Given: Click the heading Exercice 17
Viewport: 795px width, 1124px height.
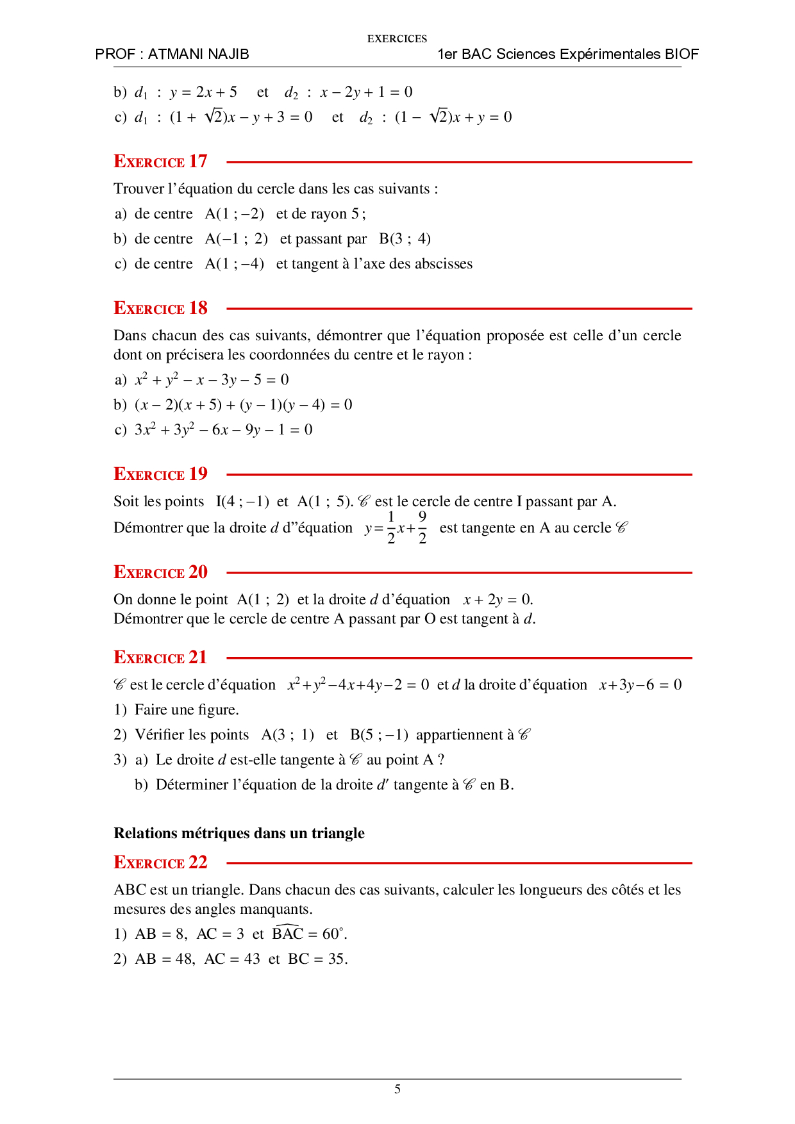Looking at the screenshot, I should [160, 161].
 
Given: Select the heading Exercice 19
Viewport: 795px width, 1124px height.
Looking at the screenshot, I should [160, 474].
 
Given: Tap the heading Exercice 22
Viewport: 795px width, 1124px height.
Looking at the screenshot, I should [160, 863].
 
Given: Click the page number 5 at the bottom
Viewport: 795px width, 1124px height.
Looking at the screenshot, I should [397, 1089].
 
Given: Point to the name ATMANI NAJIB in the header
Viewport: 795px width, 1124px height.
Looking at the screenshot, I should [198, 54].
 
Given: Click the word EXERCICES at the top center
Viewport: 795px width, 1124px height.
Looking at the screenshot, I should [397, 39].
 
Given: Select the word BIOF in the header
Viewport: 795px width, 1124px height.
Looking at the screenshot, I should [681, 54].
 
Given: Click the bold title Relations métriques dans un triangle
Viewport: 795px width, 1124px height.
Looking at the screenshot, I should [239, 833].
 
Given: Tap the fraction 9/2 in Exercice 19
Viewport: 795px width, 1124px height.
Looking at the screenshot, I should [422, 527].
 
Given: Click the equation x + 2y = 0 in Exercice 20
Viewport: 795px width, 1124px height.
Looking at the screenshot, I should [498, 600].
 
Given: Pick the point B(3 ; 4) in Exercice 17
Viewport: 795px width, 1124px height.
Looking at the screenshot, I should [405, 239].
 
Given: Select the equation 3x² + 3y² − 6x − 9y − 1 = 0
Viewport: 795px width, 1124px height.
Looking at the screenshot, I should [223, 430].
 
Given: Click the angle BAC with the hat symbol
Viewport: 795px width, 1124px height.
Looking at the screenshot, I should [287, 933].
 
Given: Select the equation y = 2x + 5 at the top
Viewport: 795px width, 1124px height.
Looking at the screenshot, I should [203, 92].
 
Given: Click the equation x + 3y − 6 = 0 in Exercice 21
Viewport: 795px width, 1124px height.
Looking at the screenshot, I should [640, 685].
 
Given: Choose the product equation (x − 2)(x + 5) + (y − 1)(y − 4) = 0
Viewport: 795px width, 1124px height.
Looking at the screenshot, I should [243, 405].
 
